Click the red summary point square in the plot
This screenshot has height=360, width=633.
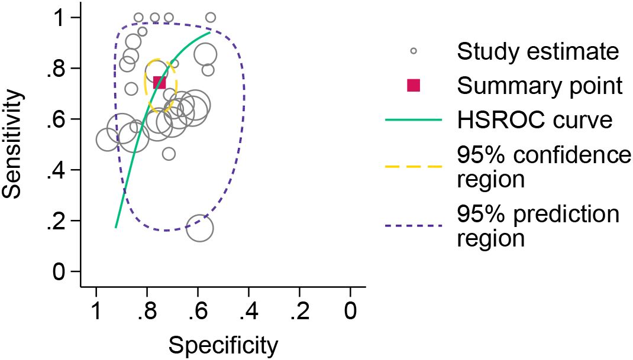(159, 82)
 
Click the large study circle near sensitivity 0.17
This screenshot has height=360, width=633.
(199, 229)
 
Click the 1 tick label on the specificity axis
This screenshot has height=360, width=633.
(96, 311)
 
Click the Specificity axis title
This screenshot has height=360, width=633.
(223, 345)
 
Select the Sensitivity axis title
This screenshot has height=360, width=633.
(14, 144)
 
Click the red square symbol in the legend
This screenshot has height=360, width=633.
(414, 86)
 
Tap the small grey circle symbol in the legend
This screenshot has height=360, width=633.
(414, 51)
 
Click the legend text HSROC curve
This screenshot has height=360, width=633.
(534, 120)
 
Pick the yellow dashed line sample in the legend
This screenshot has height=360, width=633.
(414, 166)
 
